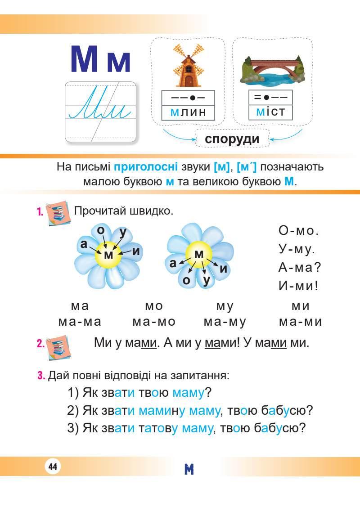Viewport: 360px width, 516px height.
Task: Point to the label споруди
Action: point(232,139)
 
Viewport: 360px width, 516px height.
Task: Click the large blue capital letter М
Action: point(85,60)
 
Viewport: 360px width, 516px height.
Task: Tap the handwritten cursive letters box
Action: point(101,111)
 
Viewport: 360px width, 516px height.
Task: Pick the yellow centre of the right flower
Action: point(198,255)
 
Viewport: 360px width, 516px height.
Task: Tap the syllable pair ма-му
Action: point(225,322)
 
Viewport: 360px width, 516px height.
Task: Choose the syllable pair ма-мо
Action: point(154,322)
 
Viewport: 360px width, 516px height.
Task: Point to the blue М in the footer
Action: point(189,470)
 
